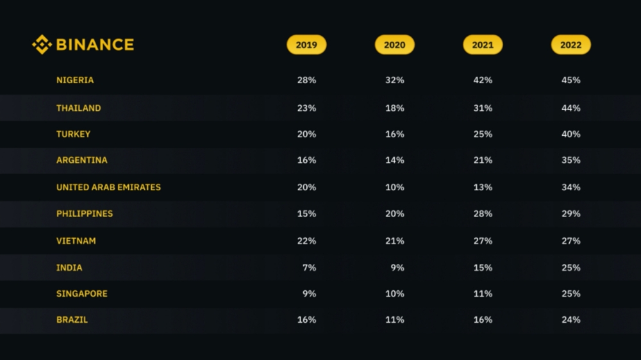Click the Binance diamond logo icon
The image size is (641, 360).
42,45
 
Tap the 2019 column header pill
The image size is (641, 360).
306,45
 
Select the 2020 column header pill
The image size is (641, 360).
394,45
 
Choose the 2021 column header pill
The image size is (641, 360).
483,45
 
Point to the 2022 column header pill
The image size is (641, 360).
570,45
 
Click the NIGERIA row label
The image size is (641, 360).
75,80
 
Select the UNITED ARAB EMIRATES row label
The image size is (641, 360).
108,187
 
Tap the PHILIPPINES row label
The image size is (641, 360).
85,214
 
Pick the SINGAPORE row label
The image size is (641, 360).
82,294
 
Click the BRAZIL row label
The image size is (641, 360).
72,320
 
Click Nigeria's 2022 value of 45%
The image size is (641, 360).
570,80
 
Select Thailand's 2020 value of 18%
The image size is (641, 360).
394,108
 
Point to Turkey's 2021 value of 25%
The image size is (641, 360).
483,134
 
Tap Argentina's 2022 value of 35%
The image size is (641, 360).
570,160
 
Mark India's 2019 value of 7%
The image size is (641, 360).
309,268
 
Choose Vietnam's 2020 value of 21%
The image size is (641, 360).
394,241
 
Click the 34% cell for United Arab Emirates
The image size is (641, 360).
570,187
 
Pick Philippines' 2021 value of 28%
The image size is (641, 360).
483,214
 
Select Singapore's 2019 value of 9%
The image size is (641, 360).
309,294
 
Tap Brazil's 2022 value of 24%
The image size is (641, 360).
570,320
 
